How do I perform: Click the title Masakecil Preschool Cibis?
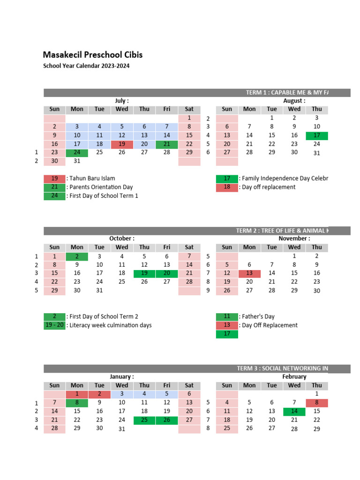(93, 55)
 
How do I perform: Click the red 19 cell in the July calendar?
(122, 144)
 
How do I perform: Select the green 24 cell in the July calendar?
(77, 152)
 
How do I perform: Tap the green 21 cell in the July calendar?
(167, 144)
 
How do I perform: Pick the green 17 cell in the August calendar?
(317, 135)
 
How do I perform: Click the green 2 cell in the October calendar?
(77, 256)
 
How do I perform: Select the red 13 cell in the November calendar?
(249, 273)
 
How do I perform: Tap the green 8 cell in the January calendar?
(77, 403)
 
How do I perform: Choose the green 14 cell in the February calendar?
(294, 411)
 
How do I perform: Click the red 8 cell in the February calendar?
(317, 403)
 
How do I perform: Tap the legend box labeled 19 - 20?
(54, 325)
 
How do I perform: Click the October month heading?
(122, 239)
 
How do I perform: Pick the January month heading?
(122, 376)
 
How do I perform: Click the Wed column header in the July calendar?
(122, 109)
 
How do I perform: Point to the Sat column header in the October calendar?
(189, 247)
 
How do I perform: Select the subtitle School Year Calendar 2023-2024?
(86, 66)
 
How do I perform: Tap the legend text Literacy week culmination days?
(110, 325)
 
